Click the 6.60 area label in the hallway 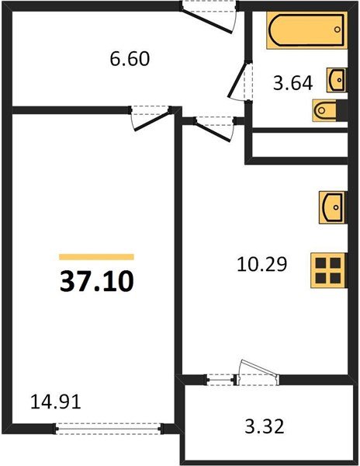[x=129, y=58]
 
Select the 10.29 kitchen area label [x=261, y=264]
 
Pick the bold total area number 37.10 [x=97, y=280]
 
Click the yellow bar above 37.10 [x=97, y=256]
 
